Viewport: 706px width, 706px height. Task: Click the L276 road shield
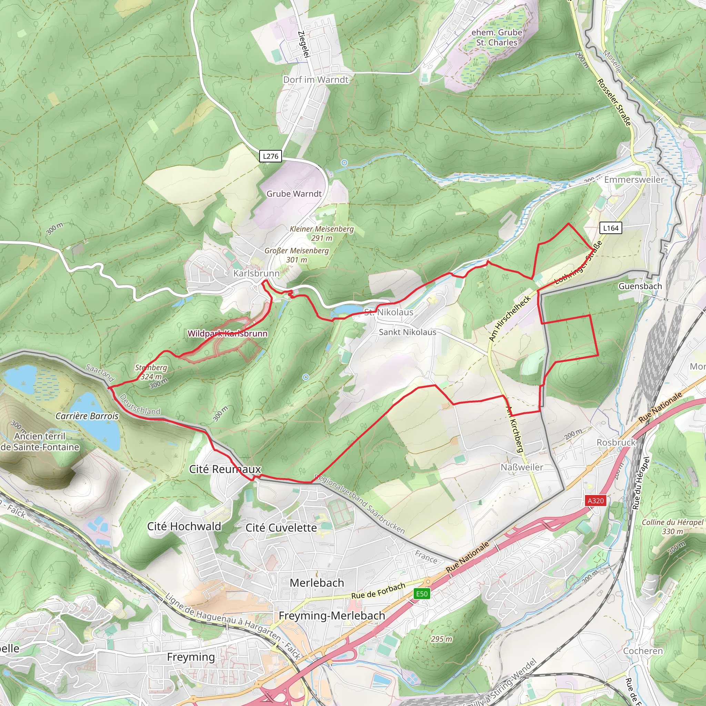pyautogui.click(x=270, y=156)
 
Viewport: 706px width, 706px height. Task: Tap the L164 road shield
pyautogui.click(x=611, y=228)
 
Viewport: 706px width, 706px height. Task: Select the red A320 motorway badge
pyautogui.click(x=595, y=501)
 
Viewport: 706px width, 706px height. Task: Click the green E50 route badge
pyautogui.click(x=422, y=594)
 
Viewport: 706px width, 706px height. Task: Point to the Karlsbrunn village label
pyautogui.click(x=256, y=273)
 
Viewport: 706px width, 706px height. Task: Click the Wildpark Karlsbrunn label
pyautogui.click(x=227, y=333)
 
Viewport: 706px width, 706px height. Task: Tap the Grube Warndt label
pyautogui.click(x=294, y=194)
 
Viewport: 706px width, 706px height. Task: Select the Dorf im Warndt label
pyautogui.click(x=316, y=80)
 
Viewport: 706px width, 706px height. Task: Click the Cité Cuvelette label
pyautogui.click(x=281, y=528)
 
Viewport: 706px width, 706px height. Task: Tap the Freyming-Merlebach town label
pyautogui.click(x=332, y=615)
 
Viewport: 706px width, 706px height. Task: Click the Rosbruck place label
pyautogui.click(x=616, y=442)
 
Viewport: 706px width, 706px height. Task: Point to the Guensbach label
pyautogui.click(x=640, y=286)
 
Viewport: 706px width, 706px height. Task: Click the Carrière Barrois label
pyautogui.click(x=87, y=416)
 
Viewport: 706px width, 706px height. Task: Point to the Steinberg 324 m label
pyautogui.click(x=151, y=372)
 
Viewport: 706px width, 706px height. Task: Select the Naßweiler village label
pyautogui.click(x=522, y=467)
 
